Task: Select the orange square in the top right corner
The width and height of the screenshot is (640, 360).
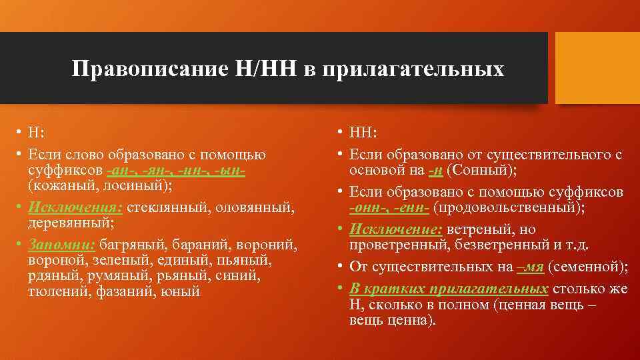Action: pyautogui.click(x=597, y=68)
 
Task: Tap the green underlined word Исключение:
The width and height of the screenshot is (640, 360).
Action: pyautogui.click(x=396, y=229)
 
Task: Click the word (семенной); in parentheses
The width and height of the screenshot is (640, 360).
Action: pyautogui.click(x=589, y=267)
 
